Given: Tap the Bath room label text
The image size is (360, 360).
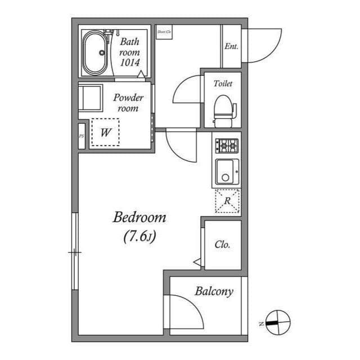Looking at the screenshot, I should pos(129,47).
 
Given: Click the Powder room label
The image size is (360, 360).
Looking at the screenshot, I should pos(128,102).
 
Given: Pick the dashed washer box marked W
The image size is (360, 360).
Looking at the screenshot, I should pos(105,133).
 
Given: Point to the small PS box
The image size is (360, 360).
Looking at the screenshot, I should pos(82,136).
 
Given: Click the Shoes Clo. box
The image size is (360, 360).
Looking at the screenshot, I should pos(164,33).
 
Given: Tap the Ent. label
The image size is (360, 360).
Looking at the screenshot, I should pos(231,47).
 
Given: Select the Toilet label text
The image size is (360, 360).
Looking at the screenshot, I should pos(223,84).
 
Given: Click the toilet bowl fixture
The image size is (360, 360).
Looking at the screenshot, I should pos(223,109).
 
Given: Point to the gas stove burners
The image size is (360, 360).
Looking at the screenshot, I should pos(227,146).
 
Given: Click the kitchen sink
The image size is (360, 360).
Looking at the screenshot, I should pos(226,172).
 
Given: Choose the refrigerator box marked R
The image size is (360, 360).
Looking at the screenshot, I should pos(227,201).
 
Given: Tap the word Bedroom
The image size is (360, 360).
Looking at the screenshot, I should pos(139,217).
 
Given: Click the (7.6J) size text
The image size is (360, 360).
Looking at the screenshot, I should pos(139,237).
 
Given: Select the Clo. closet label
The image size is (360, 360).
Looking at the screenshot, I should pos(222,245).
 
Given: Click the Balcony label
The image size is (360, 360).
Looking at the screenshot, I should pos(214,291).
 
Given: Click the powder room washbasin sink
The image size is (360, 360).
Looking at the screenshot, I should pos(90,98).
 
